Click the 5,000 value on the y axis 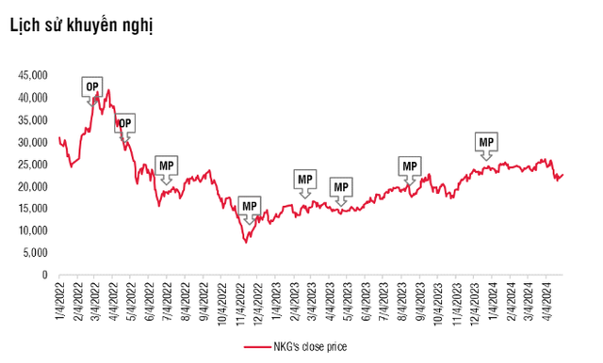pyautogui.click(x=33, y=253)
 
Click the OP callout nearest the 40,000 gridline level pyautogui.click(x=92, y=87)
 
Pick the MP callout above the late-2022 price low pyautogui.click(x=249, y=205)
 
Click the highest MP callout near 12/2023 pyautogui.click(x=486, y=142)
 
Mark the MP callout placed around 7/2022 pyautogui.click(x=167, y=166)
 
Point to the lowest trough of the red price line pyautogui.click(x=247, y=243)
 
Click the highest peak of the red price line pyautogui.click(x=109, y=90)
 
